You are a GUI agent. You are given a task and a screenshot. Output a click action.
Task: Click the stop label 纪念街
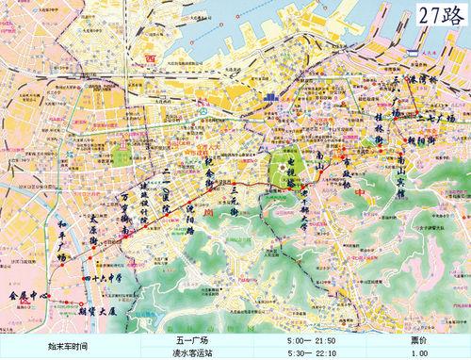coord(210,173)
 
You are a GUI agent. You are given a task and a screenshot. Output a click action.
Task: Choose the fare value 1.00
coord(420,353)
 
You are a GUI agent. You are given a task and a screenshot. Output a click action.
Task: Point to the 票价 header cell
coord(420,340)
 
